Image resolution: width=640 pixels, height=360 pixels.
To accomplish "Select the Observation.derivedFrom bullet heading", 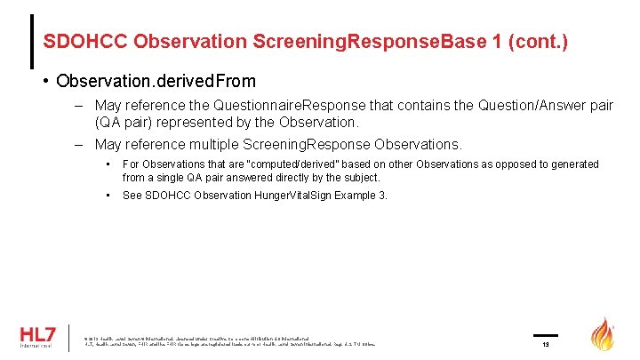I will coord(155,81).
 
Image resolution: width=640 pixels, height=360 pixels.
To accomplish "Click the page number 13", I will coord(546,345).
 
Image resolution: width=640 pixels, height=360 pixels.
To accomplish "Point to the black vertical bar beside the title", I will coord(33,42).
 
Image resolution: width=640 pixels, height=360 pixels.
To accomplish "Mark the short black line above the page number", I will coord(545,336).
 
